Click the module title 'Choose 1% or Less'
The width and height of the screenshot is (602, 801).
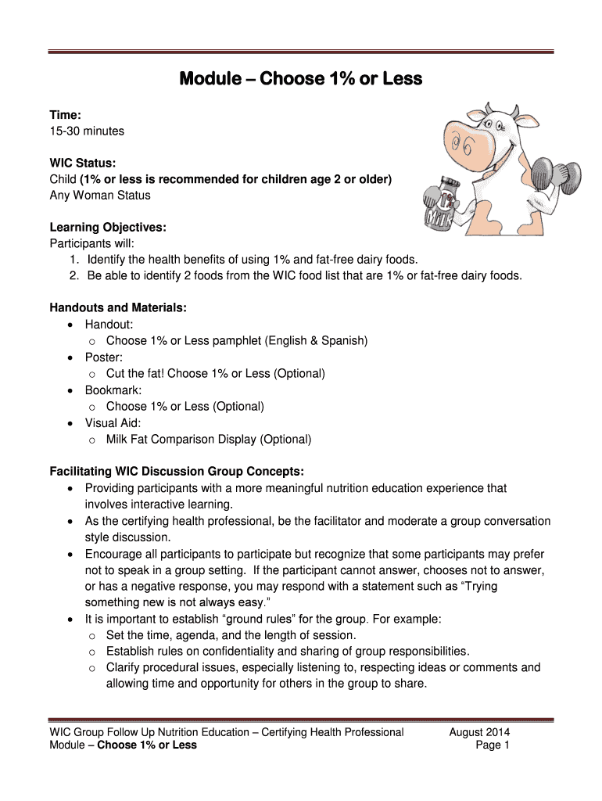[301, 79]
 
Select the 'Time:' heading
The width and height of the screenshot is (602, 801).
[66, 115]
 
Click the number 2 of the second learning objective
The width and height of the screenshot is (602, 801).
[73, 276]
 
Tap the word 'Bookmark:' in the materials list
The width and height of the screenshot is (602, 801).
[113, 390]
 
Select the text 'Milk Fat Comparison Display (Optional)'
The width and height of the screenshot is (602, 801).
[209, 440]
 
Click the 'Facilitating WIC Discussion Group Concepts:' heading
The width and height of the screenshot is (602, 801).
[177, 472]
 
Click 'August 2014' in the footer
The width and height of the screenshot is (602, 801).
[479, 732]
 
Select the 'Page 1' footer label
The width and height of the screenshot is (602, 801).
[493, 745]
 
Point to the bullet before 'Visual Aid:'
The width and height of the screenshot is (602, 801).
[72, 423]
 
